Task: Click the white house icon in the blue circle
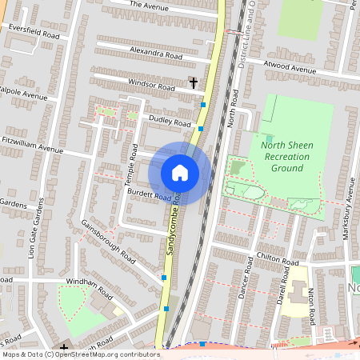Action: pos(180,173)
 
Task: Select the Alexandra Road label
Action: pos(156,54)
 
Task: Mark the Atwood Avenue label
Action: pos(291,70)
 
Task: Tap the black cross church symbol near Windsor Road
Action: pos(193,82)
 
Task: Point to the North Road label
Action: pos(234,109)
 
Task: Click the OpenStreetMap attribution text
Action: pos(81,354)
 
